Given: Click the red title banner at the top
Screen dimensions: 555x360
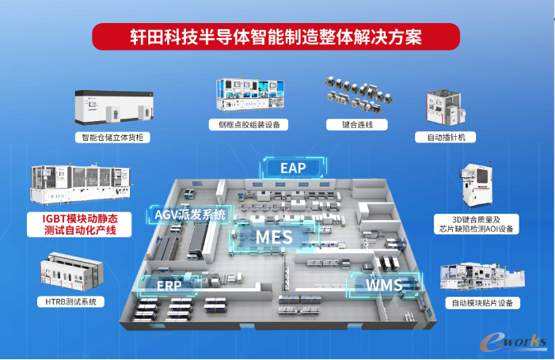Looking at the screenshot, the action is pos(276,36).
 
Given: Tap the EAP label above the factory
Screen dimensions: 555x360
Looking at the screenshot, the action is pos(293,168).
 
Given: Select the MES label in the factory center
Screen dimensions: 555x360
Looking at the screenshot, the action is pos(274,237).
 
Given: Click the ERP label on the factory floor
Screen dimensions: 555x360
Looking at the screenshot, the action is pos(169,286).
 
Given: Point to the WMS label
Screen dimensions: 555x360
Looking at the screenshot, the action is pos(384,285).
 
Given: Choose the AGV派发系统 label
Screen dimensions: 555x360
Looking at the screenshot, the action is pos(190,214).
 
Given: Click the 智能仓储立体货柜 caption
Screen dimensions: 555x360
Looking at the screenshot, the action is pos(112,137).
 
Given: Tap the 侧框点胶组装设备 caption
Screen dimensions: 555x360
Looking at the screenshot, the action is pos(249,124).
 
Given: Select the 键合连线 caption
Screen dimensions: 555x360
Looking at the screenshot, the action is pos(357,124).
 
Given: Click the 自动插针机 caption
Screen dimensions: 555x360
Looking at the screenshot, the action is pos(445,137).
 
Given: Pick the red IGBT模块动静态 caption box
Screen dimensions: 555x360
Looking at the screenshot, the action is pos(79,225).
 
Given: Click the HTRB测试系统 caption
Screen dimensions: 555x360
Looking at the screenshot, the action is pos(70,301).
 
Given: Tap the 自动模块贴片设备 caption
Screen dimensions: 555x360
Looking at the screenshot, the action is pos(482,303).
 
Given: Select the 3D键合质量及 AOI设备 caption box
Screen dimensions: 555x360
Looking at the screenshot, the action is pos(477,224).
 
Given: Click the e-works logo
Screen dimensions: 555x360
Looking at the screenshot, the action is pos(513,342).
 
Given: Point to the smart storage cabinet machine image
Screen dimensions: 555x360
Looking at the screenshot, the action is pos(114,108).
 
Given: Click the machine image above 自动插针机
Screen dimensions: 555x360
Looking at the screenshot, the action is pos(445,107).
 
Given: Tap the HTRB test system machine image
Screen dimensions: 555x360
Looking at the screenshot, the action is pos(71,271).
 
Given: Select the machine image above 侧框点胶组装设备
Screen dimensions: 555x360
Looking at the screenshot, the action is pos(250,94).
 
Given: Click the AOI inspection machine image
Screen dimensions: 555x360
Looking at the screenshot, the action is pos(477,186).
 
